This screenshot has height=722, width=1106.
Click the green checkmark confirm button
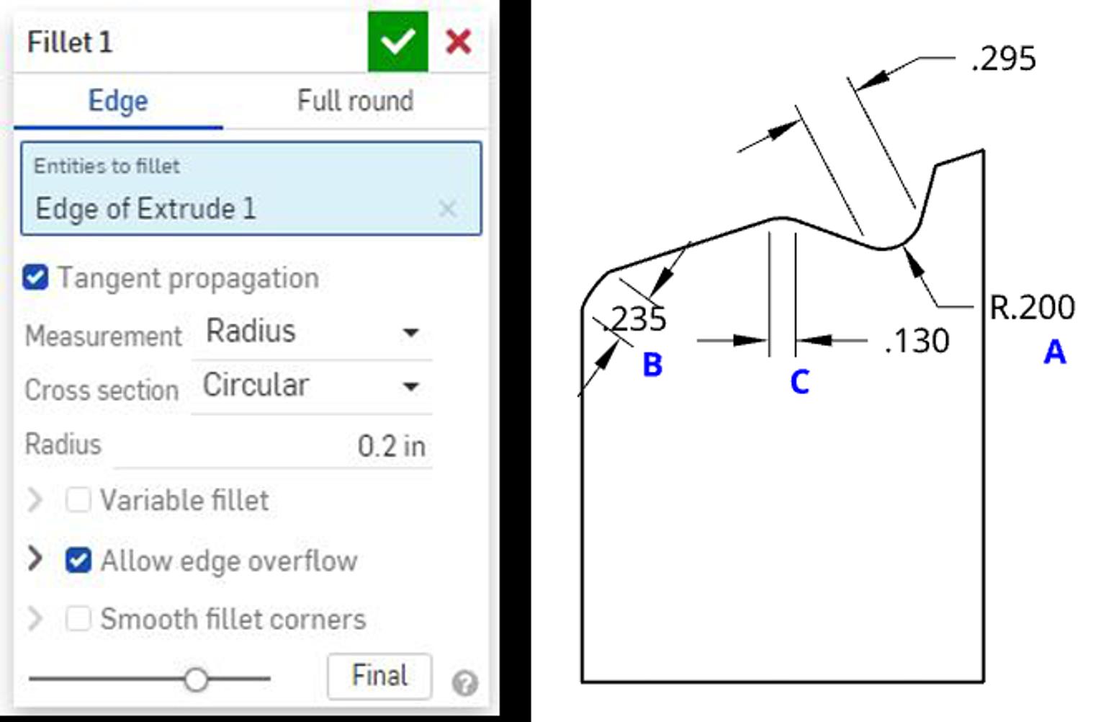coord(397,42)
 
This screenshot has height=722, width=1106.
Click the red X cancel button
coord(459,42)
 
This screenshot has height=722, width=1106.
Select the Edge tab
coord(118,101)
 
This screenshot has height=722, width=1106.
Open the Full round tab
coord(355,101)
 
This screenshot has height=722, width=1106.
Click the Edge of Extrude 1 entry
coord(145,209)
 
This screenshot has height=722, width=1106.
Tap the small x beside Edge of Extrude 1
coord(447,209)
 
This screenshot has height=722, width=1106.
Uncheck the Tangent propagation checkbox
coord(35,277)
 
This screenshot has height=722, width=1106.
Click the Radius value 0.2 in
coord(391,446)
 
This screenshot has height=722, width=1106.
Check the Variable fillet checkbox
coord(78,499)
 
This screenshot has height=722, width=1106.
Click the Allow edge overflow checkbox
coord(78,560)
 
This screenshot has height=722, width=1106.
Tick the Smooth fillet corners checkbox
coord(78,618)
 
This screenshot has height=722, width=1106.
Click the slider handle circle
coord(196,679)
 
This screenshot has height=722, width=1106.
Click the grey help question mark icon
coord(465,682)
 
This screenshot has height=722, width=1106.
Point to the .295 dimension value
coord(1003,59)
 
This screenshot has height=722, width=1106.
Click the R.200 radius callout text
coord(1032,308)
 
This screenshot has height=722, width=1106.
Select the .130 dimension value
coord(917,341)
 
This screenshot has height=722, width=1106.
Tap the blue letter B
coord(652,365)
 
